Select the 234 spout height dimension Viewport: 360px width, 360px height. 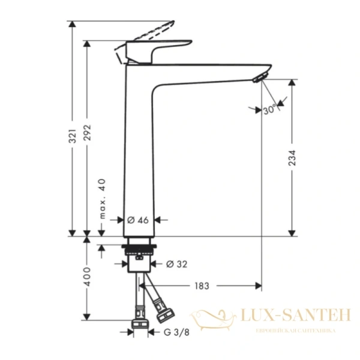point(292,157)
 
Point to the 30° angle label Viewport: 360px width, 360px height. point(269,110)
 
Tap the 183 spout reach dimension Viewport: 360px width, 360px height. point(202,286)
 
